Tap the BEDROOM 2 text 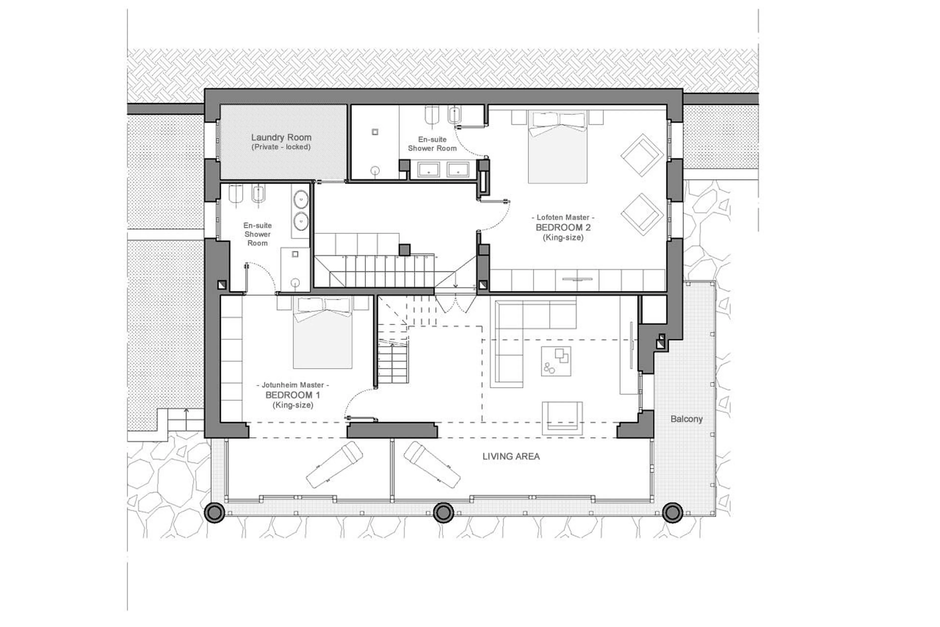pyautogui.click(x=563, y=228)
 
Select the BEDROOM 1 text pyautogui.click(x=293, y=395)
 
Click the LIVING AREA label pyautogui.click(x=511, y=456)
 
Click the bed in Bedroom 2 pyautogui.click(x=557, y=148)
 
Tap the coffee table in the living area pyautogui.click(x=556, y=361)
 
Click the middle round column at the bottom pyautogui.click(x=443, y=513)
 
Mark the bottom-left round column pyautogui.click(x=214, y=512)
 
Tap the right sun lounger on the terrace pyautogui.click(x=432, y=464)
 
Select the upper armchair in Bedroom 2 pyautogui.click(x=642, y=155)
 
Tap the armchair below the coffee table pyautogui.click(x=562, y=418)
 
